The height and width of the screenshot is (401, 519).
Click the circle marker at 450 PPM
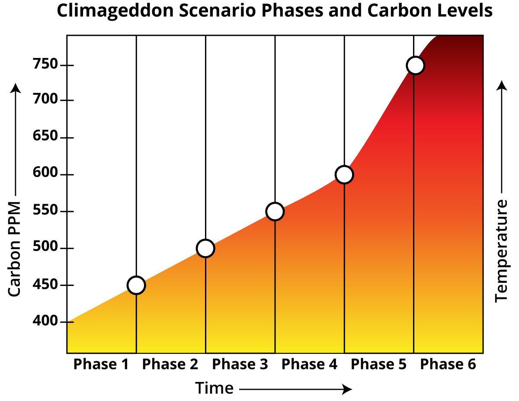(x=136, y=286)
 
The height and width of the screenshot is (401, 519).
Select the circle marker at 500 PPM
(x=205, y=249)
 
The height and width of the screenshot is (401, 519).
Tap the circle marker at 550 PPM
(x=275, y=212)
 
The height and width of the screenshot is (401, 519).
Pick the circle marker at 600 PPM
(x=344, y=175)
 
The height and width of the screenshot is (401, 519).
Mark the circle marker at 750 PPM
(x=415, y=65)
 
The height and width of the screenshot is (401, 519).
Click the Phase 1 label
(x=101, y=365)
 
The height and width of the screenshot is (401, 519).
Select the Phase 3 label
(x=240, y=365)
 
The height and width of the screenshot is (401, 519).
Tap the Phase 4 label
(x=309, y=365)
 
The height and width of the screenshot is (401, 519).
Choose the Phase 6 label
(x=448, y=365)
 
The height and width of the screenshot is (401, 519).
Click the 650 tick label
(x=45, y=136)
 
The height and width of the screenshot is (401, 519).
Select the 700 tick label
(x=45, y=99)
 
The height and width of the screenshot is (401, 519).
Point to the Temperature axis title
(x=501, y=251)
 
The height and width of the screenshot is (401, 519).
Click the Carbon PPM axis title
(x=15, y=249)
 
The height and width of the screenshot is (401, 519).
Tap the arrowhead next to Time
(x=347, y=389)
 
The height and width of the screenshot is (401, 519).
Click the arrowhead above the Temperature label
(x=502, y=85)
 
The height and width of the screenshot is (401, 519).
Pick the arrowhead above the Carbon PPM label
(x=16, y=88)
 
